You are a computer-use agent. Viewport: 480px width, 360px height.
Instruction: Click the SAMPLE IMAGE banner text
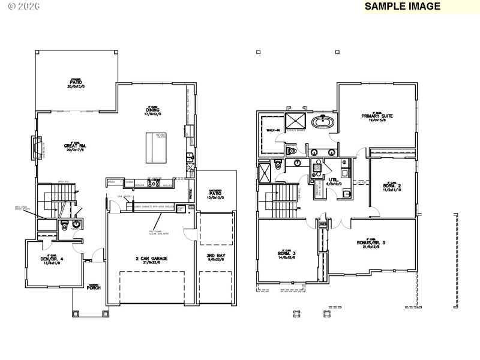402,7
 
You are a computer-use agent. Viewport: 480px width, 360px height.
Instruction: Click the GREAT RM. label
76,146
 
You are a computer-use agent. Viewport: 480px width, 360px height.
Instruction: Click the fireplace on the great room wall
36,148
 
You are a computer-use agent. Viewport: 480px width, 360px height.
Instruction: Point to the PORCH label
93,287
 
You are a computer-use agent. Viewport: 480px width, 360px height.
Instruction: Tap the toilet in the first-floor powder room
64,226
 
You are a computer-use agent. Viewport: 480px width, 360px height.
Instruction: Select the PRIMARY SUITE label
377,116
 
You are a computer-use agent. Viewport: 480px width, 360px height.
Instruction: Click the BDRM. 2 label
392,187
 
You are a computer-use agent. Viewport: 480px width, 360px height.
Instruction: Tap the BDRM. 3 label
287,254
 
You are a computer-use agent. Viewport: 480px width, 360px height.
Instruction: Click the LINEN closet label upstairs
323,224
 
